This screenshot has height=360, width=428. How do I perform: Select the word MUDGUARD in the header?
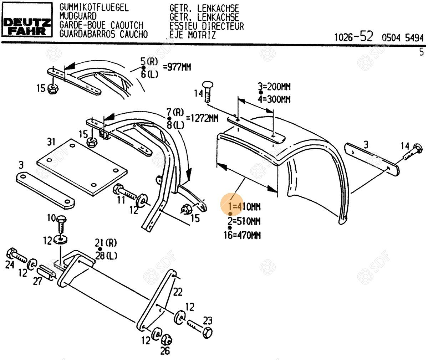click(78, 16)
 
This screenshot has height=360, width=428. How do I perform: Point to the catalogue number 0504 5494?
click(402, 37)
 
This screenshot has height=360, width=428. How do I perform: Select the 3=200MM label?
click(274, 86)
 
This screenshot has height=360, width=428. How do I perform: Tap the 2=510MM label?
click(244, 221)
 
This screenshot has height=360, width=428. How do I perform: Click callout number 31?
click(52, 142)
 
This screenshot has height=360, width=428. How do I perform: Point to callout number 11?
click(121, 200)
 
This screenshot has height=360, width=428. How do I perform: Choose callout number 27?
click(38, 281)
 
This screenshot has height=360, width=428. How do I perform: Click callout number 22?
click(178, 292)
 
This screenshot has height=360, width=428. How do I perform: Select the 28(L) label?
click(106, 256)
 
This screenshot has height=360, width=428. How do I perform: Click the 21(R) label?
click(106, 243)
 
